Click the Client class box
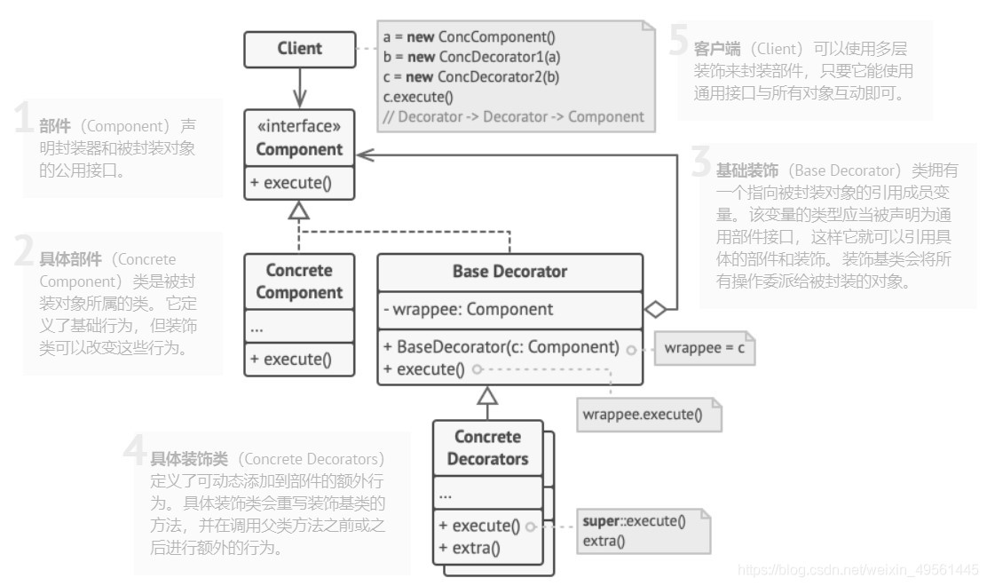[x=299, y=49]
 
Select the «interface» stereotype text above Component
[x=299, y=126]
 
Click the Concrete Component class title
[x=299, y=281]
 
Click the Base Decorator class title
[x=509, y=272]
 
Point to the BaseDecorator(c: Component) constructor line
[x=501, y=346]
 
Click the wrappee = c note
[x=704, y=348]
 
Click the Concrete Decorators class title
[x=487, y=447]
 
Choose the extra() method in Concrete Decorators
[x=470, y=547]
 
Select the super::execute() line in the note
[x=634, y=521]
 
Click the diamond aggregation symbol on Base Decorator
[x=655, y=309]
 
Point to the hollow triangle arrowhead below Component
[x=299, y=210]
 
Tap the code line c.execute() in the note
[x=418, y=97]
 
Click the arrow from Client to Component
[x=299, y=89]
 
